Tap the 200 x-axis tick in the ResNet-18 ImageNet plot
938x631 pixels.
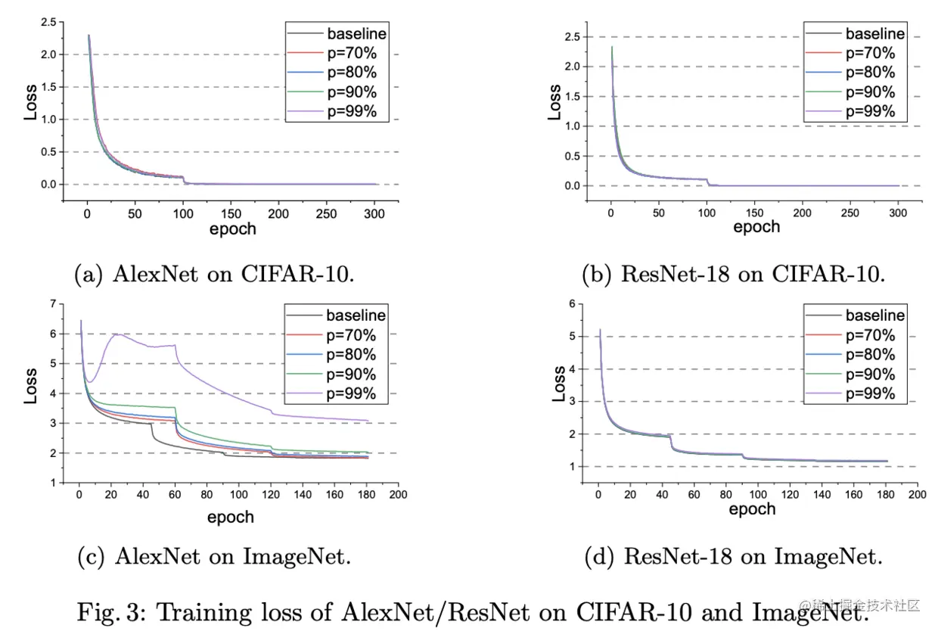pos(916,494)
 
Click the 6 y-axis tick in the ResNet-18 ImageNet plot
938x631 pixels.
pos(573,303)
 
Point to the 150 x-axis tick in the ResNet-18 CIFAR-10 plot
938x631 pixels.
pos(755,214)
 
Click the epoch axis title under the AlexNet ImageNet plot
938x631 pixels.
pos(231,518)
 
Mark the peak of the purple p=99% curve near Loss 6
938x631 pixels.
pos(116,334)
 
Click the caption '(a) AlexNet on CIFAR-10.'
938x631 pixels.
pos(214,274)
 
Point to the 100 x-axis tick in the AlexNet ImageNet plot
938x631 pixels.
pos(238,494)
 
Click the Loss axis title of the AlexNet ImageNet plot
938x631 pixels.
pos(31,386)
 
